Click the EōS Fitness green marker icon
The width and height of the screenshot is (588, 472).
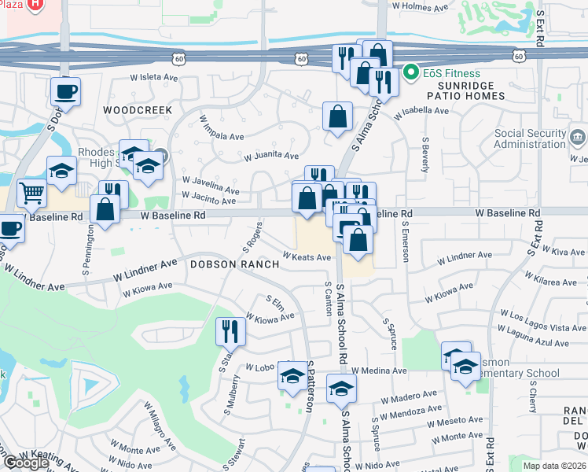(410, 75)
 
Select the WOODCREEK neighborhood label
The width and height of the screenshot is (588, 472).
(137, 110)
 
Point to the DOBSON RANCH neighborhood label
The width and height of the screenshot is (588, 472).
(234, 264)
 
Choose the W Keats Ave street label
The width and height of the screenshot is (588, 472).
(307, 257)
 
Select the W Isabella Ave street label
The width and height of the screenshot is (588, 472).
(423, 112)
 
